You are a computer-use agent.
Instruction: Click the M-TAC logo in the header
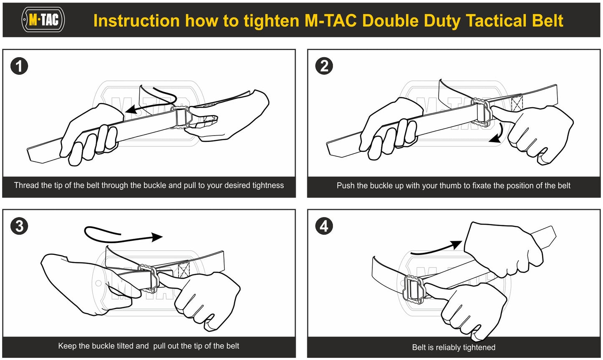pos(43,20)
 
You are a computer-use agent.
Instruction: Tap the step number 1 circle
pos(19,66)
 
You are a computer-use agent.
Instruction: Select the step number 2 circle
pos(324,66)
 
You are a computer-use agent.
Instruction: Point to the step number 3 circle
pos(19,226)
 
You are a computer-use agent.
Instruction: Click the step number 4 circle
pos(324,226)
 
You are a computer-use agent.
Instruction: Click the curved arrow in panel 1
pos(152,102)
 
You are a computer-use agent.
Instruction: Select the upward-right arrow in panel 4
pos(436,249)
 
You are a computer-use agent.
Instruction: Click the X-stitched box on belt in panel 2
pos(517,103)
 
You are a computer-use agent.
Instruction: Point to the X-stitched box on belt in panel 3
pos(184,270)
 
